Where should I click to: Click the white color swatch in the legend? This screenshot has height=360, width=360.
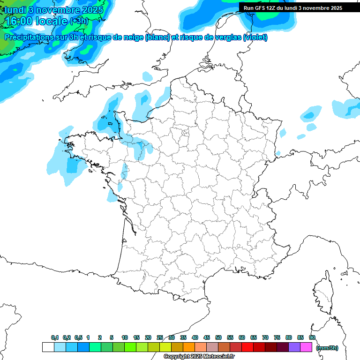click(48, 347)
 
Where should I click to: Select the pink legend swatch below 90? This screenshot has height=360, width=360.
click(306, 347)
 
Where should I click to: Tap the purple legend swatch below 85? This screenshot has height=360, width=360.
click(294, 347)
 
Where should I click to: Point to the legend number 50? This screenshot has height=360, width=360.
click(218, 337)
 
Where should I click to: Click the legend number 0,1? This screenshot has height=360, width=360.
click(55, 337)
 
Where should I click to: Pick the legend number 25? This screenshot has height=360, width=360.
click(160, 337)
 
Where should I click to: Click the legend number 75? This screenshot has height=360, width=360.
click(277, 337)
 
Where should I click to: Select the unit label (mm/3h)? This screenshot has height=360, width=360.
click(327, 348)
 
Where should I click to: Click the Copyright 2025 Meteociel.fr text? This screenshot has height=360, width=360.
click(199, 357)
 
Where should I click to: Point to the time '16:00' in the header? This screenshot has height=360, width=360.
click(19, 21)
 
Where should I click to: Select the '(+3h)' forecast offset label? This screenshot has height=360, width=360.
click(79, 21)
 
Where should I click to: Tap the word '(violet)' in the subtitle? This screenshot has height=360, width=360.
click(255, 37)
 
